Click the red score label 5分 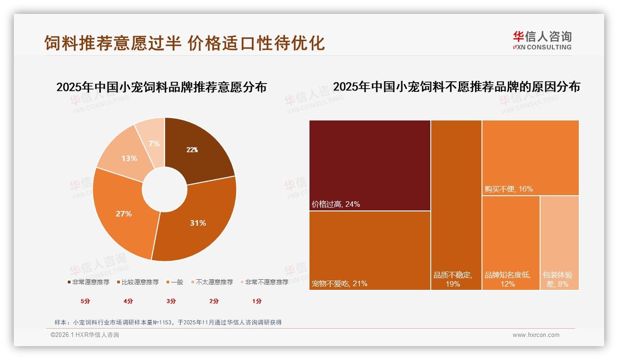click(x=85, y=301)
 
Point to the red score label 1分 click(x=257, y=301)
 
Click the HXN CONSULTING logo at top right click(x=542, y=41)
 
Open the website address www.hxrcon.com click(x=536, y=335)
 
